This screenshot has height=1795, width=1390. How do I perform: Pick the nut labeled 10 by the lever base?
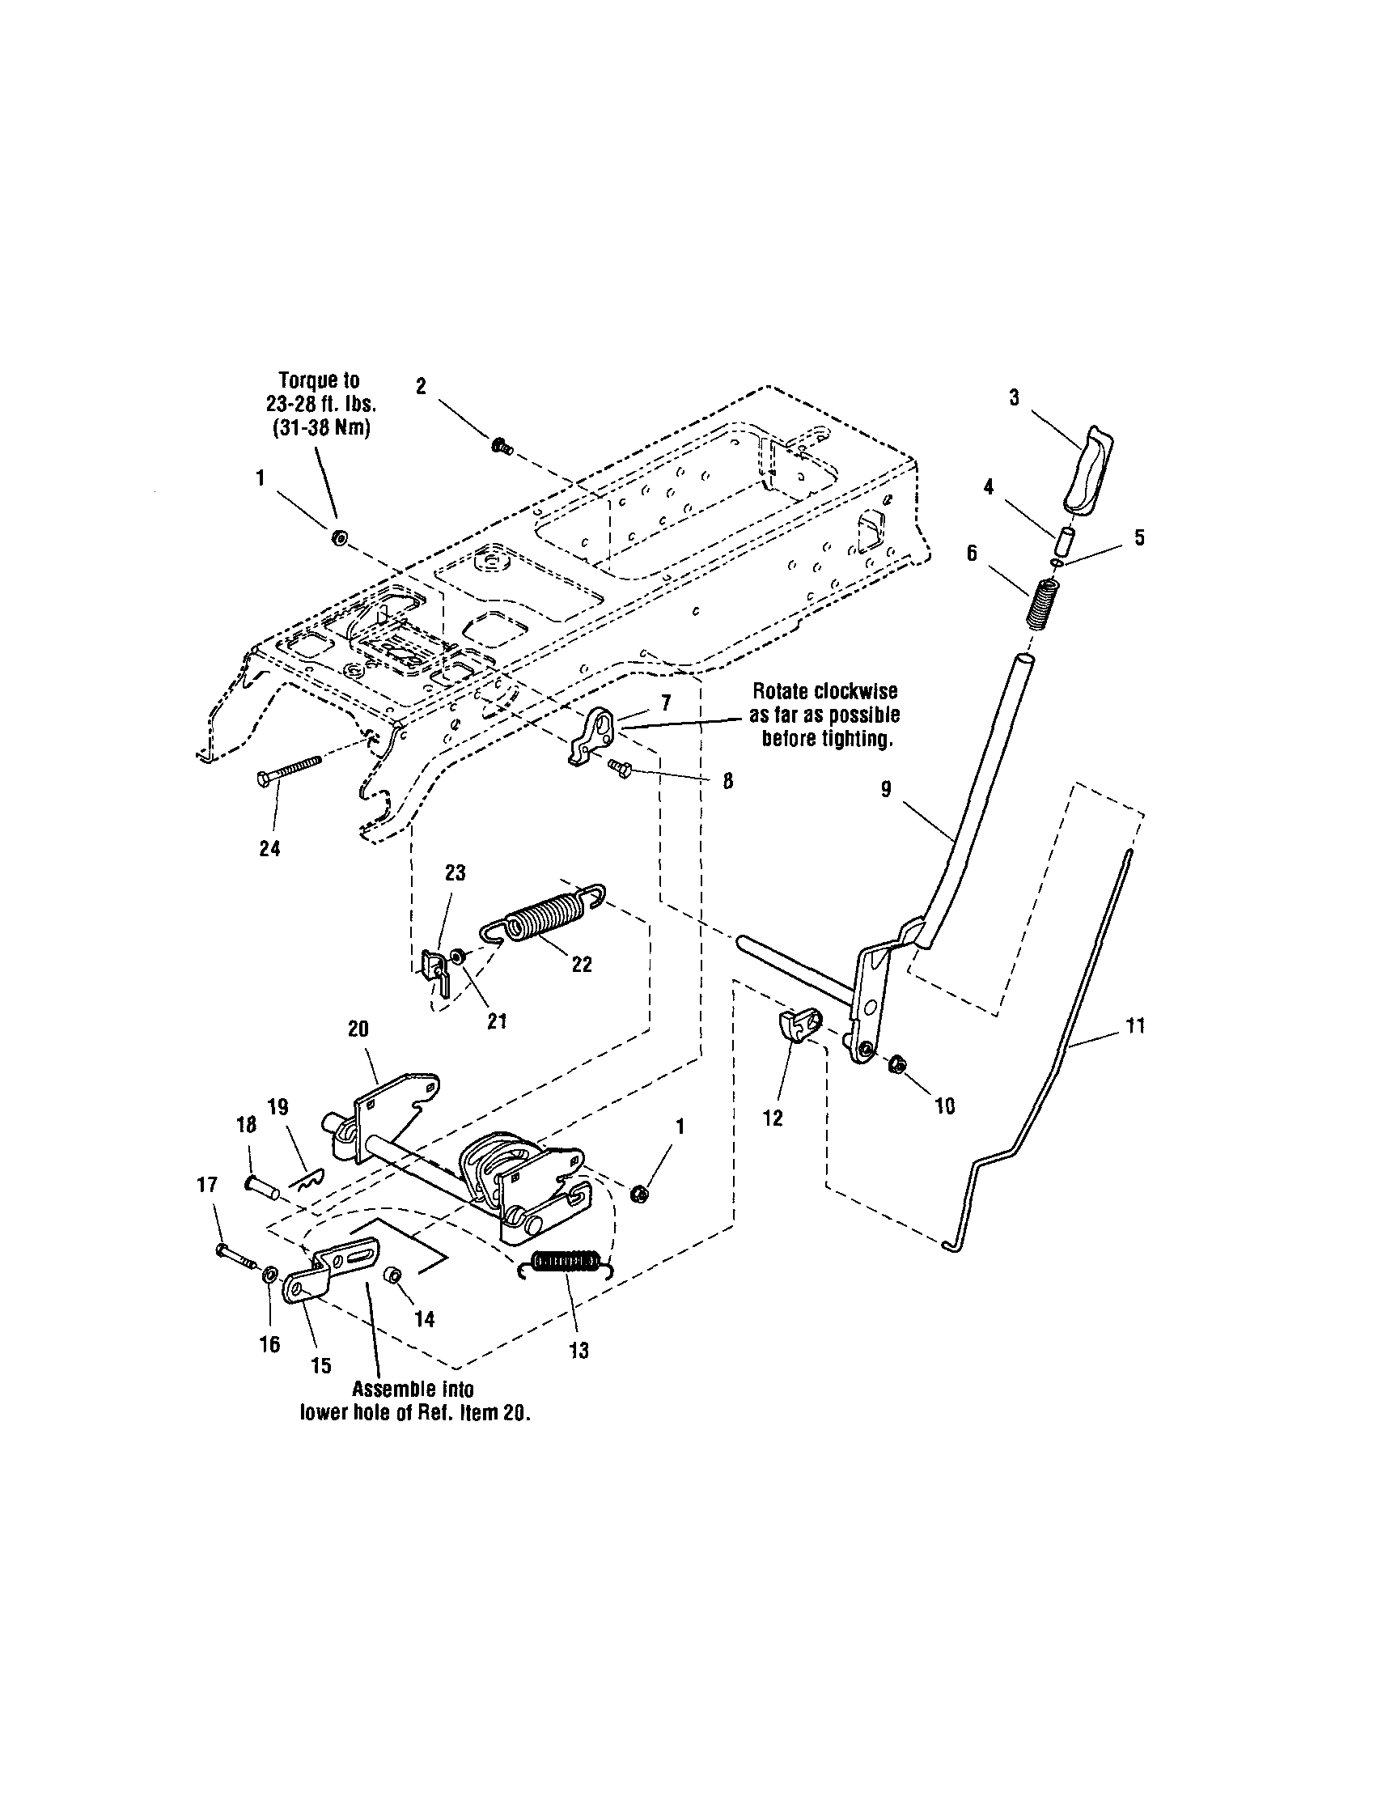coord(897,1065)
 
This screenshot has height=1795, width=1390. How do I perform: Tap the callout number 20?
coord(358,1029)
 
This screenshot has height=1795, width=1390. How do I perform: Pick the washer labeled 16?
coord(269,1277)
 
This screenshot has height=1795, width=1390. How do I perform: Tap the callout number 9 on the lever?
coord(886,790)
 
